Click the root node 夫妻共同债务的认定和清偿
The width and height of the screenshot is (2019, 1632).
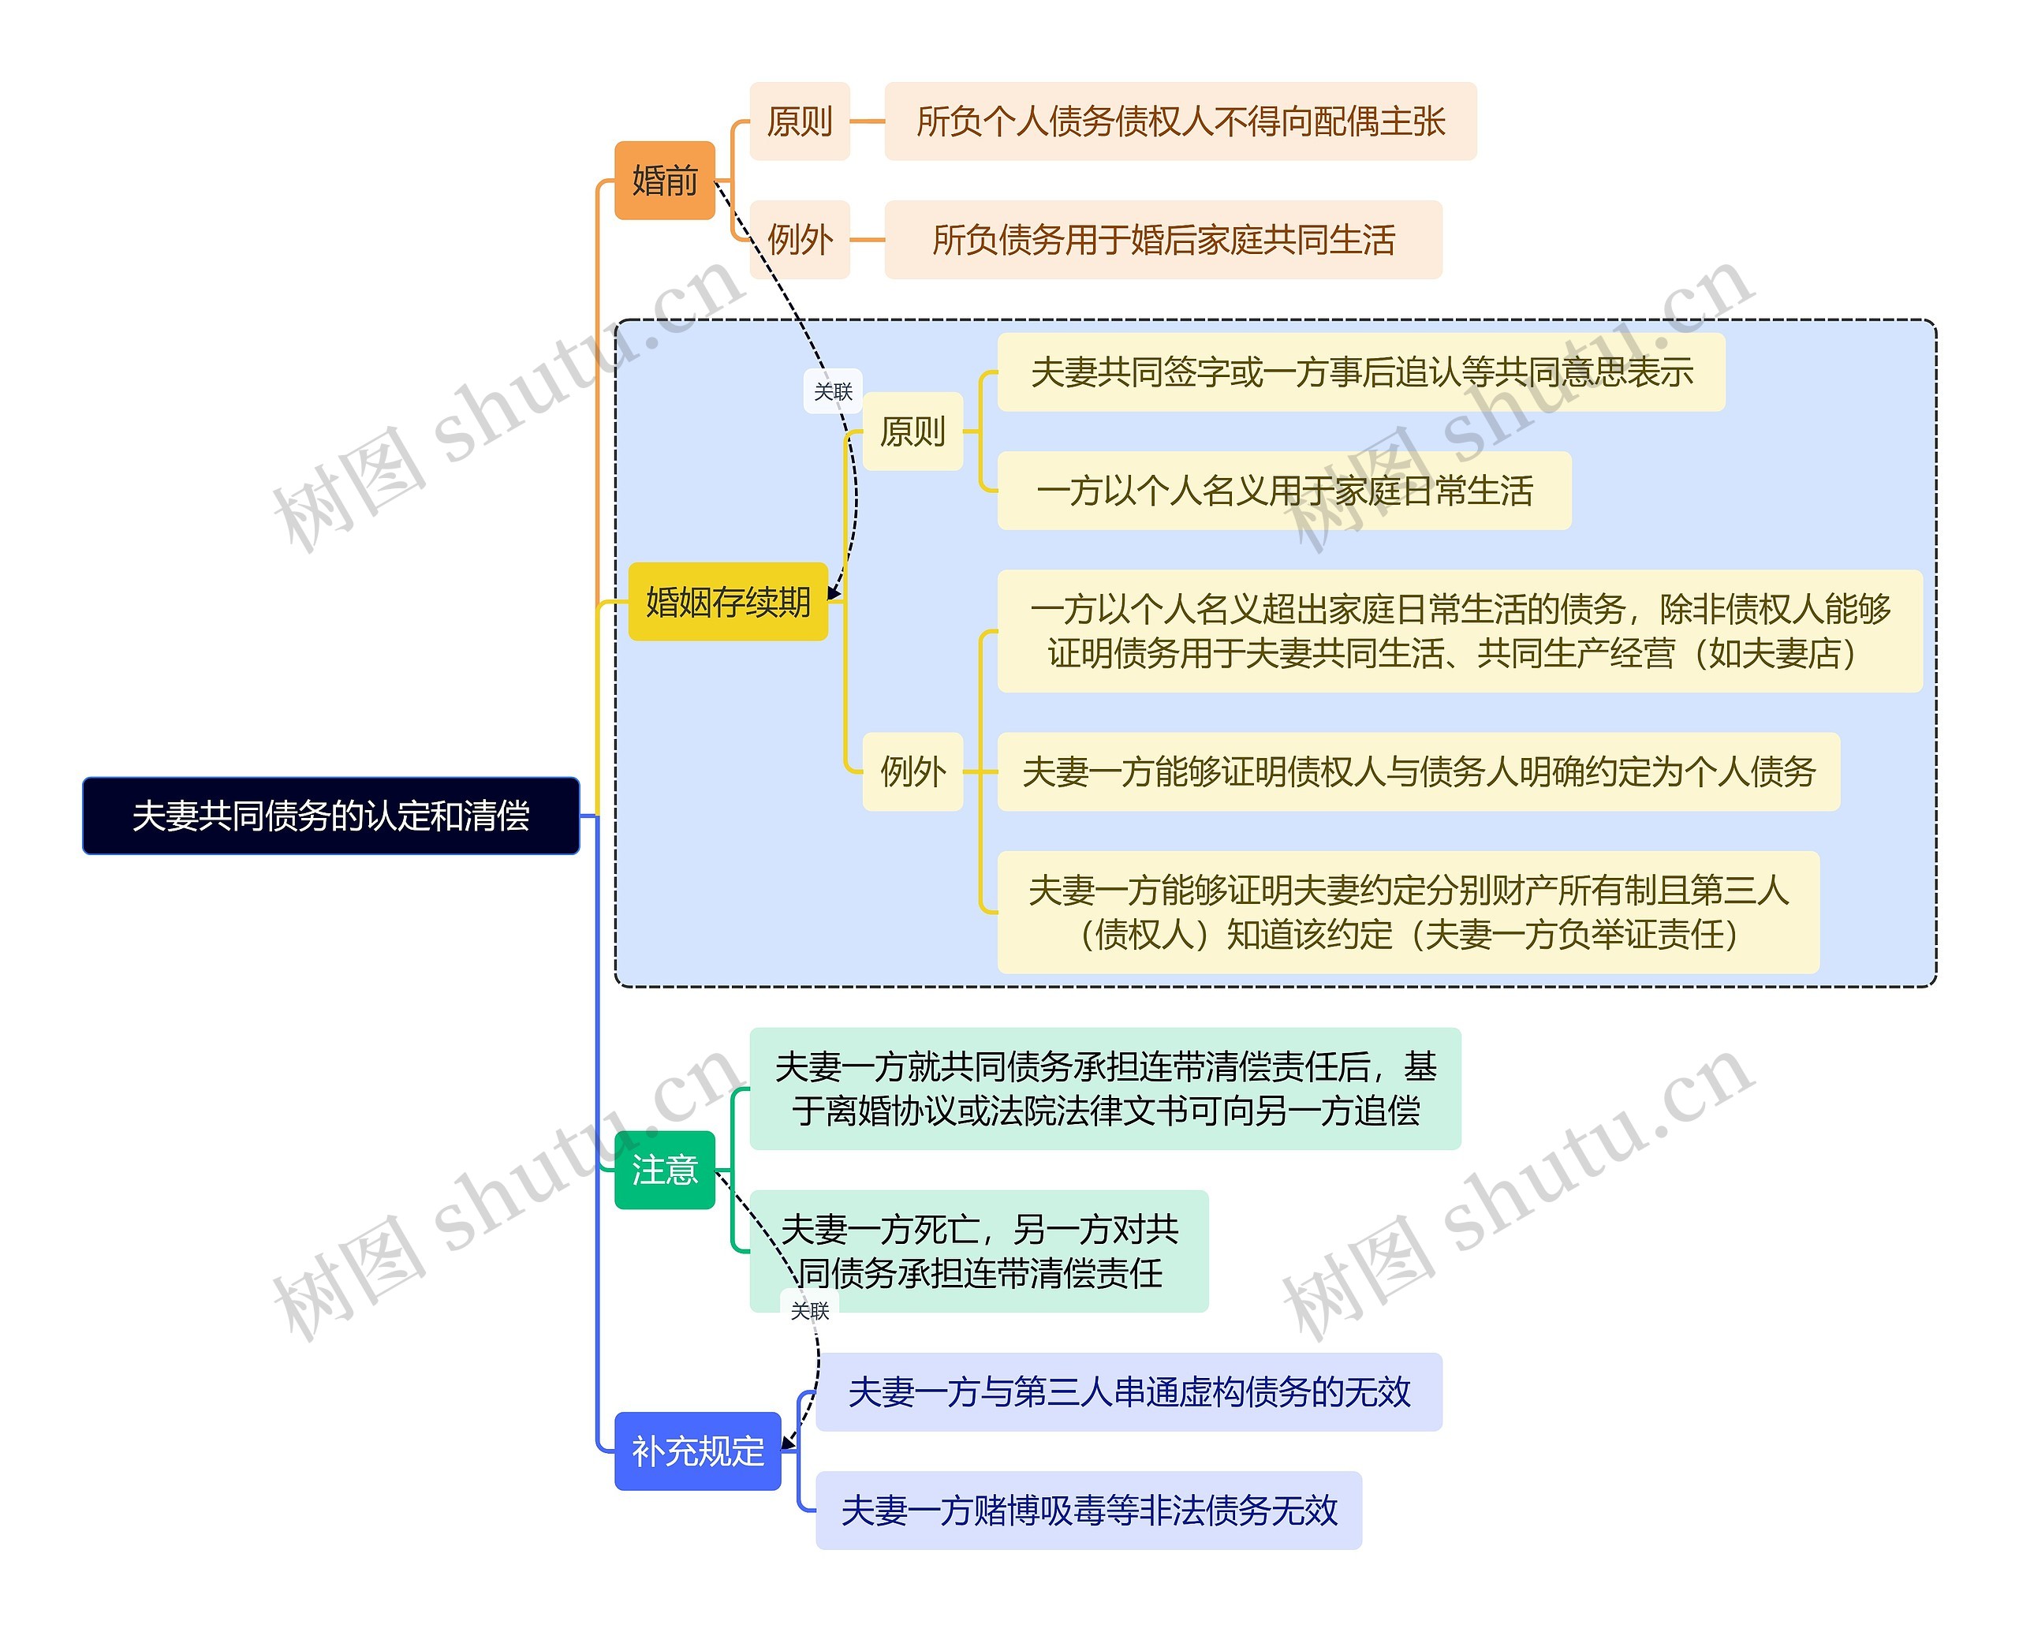331,815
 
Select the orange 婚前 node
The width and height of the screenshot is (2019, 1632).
665,181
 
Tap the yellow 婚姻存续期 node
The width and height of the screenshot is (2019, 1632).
727,602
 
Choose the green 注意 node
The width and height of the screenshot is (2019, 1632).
665,1170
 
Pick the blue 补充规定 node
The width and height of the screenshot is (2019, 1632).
697,1451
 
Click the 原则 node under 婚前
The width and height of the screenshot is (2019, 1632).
799,121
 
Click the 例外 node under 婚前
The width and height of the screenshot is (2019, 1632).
799,240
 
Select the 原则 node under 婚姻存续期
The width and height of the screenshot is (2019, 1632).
912,431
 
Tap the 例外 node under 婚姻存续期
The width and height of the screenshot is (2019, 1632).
912,771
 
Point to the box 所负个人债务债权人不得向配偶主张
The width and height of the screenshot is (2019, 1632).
1180,121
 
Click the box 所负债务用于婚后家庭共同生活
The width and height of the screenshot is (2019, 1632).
1163,240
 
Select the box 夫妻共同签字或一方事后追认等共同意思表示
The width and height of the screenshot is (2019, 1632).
1360,372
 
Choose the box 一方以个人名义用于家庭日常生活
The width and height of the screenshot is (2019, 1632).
1284,491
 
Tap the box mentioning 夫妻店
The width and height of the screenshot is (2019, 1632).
1459,631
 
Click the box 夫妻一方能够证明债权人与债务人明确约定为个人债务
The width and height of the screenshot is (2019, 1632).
1417,771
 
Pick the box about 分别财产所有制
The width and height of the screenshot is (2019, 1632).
1407,912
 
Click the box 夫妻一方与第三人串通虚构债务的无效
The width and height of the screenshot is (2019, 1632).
1128,1392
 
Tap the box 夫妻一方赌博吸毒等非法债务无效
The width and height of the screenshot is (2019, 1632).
1088,1511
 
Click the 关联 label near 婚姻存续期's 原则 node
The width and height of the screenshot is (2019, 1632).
833,391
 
